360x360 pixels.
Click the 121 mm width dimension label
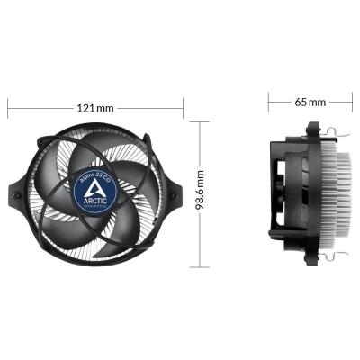pyautogui.click(x=96, y=107)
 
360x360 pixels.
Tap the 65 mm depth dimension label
pyautogui.click(x=310, y=102)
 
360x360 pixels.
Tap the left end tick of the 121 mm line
pyautogui.click(x=7, y=107)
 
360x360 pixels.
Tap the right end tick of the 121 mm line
pyautogui.click(x=184, y=107)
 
